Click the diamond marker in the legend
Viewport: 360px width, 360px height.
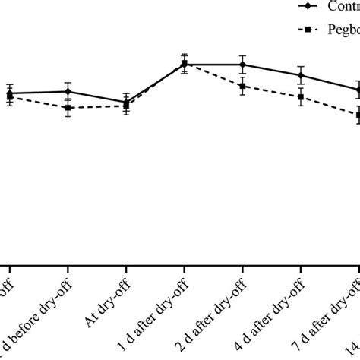click(308, 6)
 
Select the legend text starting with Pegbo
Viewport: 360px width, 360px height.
click(343, 32)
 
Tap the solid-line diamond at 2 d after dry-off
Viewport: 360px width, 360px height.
click(242, 65)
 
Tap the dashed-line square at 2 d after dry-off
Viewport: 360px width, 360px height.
click(242, 87)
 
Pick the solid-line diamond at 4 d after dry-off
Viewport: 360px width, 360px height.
click(301, 75)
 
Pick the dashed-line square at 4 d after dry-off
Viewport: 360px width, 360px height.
click(301, 97)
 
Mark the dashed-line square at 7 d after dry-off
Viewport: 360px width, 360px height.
click(358, 115)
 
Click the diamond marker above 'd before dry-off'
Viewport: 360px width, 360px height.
click(68, 91)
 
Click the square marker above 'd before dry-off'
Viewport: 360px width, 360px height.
click(68, 108)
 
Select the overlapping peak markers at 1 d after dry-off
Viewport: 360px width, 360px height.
click(184, 65)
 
